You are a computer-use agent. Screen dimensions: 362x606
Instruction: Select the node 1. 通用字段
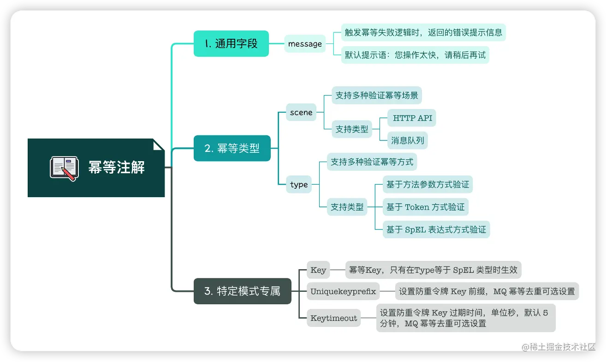(231, 44)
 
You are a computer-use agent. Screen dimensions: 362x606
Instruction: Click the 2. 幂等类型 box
(232, 148)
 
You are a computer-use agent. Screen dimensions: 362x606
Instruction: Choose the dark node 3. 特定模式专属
(242, 291)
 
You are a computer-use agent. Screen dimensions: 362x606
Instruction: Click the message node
(305, 44)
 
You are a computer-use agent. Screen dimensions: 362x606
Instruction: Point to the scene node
(301, 112)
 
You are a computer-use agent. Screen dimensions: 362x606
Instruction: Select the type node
(299, 184)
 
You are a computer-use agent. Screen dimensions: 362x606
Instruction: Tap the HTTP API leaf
(412, 118)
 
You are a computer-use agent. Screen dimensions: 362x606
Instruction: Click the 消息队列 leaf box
(407, 140)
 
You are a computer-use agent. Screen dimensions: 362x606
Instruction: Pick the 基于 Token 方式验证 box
(425, 207)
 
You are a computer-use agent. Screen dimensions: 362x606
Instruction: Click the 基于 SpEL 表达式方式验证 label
(436, 229)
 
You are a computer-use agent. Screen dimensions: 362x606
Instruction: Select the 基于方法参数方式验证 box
(428, 185)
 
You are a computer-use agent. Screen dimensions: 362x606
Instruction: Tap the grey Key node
(318, 270)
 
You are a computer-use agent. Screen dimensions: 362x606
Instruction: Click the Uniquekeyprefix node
(343, 291)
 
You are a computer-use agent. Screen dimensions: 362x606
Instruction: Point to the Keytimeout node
(334, 318)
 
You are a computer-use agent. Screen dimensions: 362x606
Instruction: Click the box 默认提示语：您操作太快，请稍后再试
(415, 55)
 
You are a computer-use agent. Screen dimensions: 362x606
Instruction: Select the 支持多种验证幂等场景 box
(377, 96)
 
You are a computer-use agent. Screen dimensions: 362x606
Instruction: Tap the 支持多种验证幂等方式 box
(372, 162)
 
